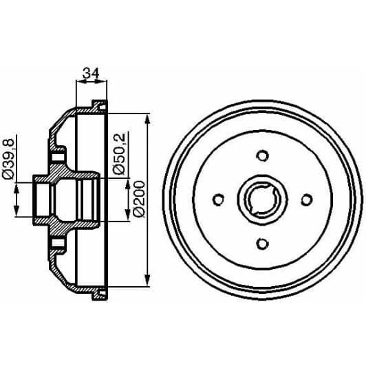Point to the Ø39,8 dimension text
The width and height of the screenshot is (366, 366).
[x=8, y=159]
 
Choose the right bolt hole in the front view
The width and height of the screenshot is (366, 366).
[x=308, y=200]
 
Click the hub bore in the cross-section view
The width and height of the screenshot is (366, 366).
[x=65, y=200]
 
